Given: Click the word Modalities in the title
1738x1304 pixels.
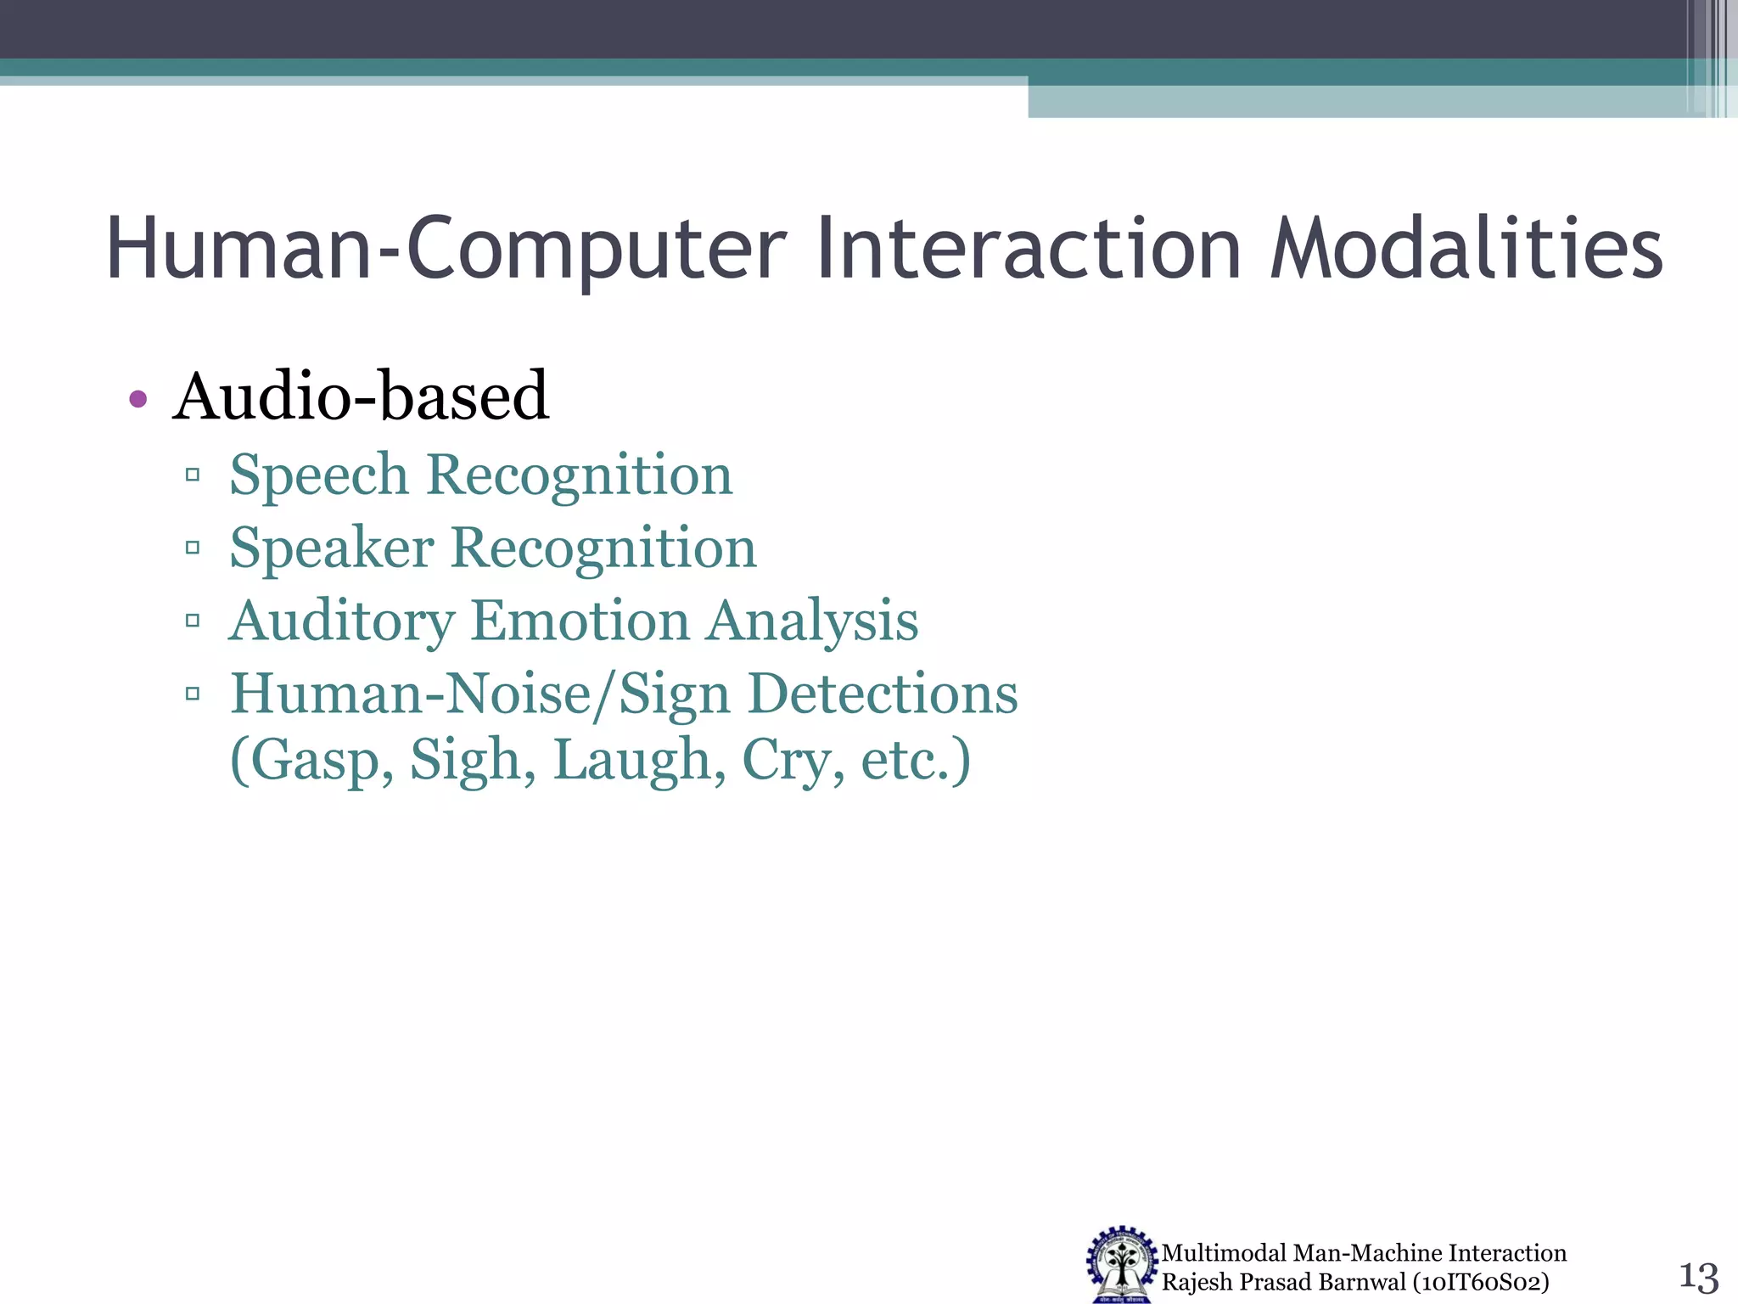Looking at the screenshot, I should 1466,249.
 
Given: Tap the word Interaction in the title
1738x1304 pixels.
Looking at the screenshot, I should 1029,249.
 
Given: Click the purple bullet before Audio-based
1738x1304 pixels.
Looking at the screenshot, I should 138,398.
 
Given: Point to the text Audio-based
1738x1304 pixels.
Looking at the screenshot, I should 361,396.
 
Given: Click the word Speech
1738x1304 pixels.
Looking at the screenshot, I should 319,475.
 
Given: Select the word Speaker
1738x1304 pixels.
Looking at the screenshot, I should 331,548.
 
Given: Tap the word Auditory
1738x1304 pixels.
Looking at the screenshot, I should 341,622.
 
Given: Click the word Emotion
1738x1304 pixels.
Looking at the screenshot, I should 580,621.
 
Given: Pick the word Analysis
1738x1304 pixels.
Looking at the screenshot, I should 812,622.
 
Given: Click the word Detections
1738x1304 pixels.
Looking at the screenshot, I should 883,694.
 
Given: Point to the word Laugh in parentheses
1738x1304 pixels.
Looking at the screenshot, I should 639,760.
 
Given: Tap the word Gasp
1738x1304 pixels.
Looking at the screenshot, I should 312,762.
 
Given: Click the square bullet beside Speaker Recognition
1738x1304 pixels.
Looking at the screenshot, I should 193,548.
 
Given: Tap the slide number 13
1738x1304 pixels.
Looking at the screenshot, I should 1698,1276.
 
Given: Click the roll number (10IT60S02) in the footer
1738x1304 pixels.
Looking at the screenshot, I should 1480,1282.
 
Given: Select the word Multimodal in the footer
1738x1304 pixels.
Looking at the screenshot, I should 1224,1253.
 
